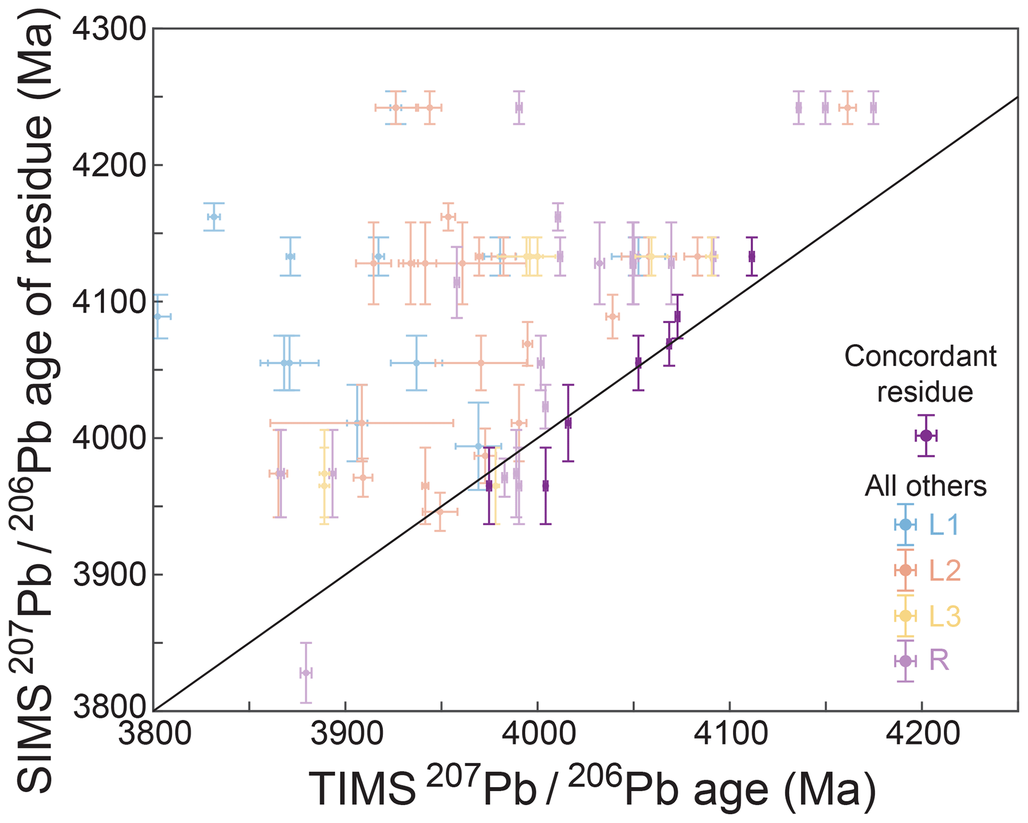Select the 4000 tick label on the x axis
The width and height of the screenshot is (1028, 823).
pos(538,735)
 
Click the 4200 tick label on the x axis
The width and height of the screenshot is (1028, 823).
pos(922,735)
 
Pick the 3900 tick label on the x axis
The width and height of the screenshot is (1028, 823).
pos(346,735)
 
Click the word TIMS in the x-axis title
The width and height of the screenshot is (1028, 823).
pos(363,790)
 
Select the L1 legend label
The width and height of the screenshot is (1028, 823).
pos(943,525)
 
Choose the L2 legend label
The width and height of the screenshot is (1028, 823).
pos(944,570)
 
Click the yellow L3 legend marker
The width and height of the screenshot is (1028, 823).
pos(906,616)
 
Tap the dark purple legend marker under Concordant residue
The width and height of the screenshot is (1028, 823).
pos(926,436)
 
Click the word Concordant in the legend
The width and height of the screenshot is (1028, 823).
pos(920,357)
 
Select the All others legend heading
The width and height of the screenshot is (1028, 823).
pos(925,485)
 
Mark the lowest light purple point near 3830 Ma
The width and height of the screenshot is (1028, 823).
pos(306,673)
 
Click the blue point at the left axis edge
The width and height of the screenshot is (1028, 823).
pos(158,316)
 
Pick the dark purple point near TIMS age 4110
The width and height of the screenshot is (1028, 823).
pos(751,257)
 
